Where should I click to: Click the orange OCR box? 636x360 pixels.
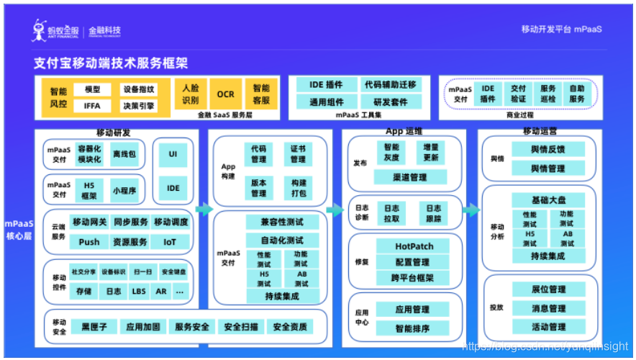point(225,94)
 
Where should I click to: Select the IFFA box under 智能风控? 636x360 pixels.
point(92,106)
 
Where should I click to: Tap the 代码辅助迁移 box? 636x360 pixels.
point(390,85)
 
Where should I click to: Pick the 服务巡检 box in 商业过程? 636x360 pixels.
point(548,94)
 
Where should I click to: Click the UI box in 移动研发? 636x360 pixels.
point(173,154)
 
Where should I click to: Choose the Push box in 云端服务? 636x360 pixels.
point(89,242)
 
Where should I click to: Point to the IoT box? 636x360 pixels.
point(169,242)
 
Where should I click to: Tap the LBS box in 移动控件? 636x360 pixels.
point(138,292)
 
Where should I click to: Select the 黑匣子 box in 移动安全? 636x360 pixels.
point(94,327)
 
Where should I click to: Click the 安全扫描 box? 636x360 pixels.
point(240,327)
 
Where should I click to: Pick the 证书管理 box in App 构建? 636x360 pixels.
point(298,153)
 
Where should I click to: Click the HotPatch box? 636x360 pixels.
point(414,246)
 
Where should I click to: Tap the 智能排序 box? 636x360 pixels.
point(413,328)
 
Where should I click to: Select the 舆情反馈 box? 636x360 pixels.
point(548,150)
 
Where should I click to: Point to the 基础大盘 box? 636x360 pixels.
point(548,200)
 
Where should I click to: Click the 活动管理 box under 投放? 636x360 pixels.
point(548,326)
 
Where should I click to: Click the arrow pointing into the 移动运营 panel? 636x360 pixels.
point(471,210)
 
